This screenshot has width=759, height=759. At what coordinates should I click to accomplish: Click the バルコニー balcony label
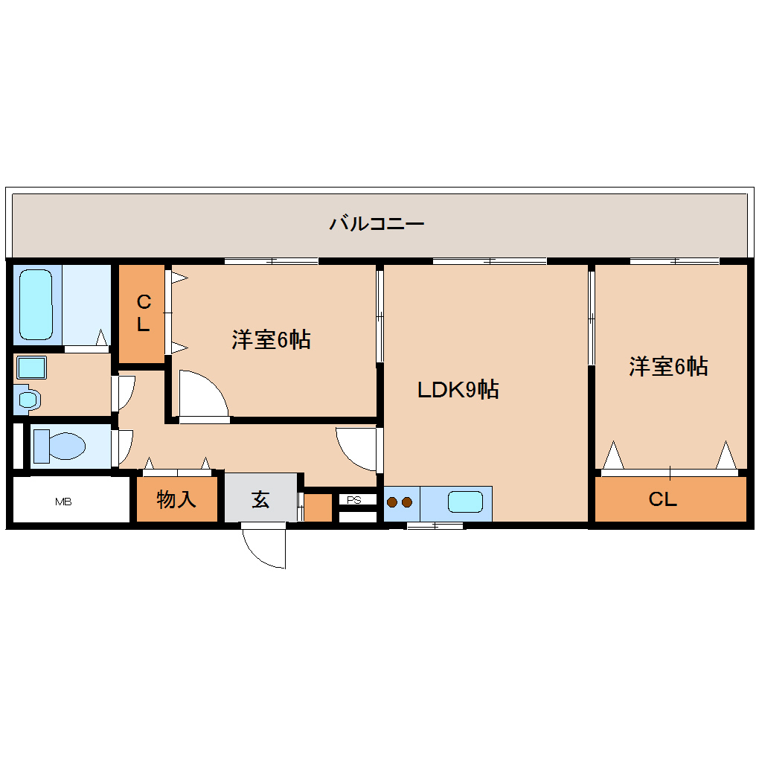pyautogui.click(x=377, y=222)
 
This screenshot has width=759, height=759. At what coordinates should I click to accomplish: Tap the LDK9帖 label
pyautogui.click(x=458, y=389)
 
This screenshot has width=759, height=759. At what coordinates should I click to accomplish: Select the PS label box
pyautogui.click(x=354, y=500)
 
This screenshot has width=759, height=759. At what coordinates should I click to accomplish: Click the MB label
pyautogui.click(x=63, y=502)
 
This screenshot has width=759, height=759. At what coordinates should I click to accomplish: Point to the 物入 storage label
pyautogui.click(x=176, y=499)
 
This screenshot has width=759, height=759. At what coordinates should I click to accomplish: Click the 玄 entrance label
pyautogui.click(x=260, y=499)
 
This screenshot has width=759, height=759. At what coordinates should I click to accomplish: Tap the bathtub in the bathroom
pyautogui.click(x=35, y=303)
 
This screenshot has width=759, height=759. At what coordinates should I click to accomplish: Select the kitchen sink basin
pyautogui.click(x=466, y=502)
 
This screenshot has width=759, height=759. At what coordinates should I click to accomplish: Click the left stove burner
pyautogui.click(x=392, y=502)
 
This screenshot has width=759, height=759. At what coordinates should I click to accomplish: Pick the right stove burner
pyautogui.click(x=406, y=502)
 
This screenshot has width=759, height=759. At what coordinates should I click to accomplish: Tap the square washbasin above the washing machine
pyautogui.click(x=31, y=368)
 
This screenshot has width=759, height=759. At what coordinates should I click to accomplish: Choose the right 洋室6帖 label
pyautogui.click(x=668, y=366)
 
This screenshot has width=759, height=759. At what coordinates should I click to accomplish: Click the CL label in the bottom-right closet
pyautogui.click(x=662, y=500)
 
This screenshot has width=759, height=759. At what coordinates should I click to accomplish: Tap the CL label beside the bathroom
pyautogui.click(x=143, y=313)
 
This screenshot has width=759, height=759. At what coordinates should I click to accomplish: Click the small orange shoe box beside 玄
pyautogui.click(x=318, y=507)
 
